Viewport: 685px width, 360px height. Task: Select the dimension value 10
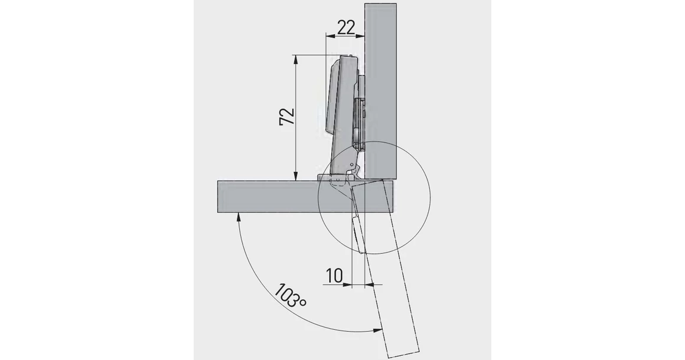(334, 275)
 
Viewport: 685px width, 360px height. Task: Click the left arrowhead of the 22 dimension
(329, 35)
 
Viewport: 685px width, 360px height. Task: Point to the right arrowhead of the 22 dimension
(362, 35)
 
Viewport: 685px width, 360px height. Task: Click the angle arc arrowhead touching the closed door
(239, 216)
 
